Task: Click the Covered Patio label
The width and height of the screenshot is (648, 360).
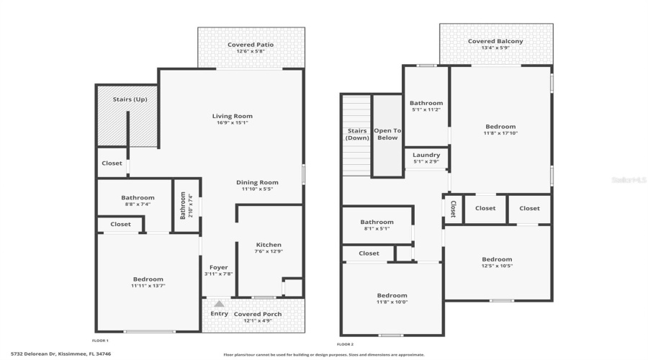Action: point(251,45)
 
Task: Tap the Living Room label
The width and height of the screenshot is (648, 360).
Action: point(232,116)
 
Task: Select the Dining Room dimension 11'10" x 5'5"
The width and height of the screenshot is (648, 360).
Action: point(257,191)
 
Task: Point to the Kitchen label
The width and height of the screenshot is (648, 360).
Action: point(269,245)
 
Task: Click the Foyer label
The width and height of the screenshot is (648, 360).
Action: point(219,267)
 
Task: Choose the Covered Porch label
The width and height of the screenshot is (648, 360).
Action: point(257,314)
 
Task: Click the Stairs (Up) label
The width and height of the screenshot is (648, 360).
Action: point(130,99)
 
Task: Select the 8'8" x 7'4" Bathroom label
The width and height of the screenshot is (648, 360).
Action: point(138,198)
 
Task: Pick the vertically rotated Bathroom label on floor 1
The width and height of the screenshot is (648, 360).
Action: point(183,205)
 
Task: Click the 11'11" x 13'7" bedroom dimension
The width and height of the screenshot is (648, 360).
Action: point(148,287)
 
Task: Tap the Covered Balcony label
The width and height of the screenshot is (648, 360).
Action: point(495,41)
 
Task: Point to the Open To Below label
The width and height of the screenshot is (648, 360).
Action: point(387,134)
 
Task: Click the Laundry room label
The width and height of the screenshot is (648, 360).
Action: point(426,155)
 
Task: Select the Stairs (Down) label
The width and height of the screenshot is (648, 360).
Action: point(357,134)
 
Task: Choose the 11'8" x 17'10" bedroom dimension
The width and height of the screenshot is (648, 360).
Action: point(500,133)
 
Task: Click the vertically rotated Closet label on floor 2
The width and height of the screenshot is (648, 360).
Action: point(453,209)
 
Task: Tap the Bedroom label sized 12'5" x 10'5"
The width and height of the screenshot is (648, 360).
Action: point(497,259)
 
